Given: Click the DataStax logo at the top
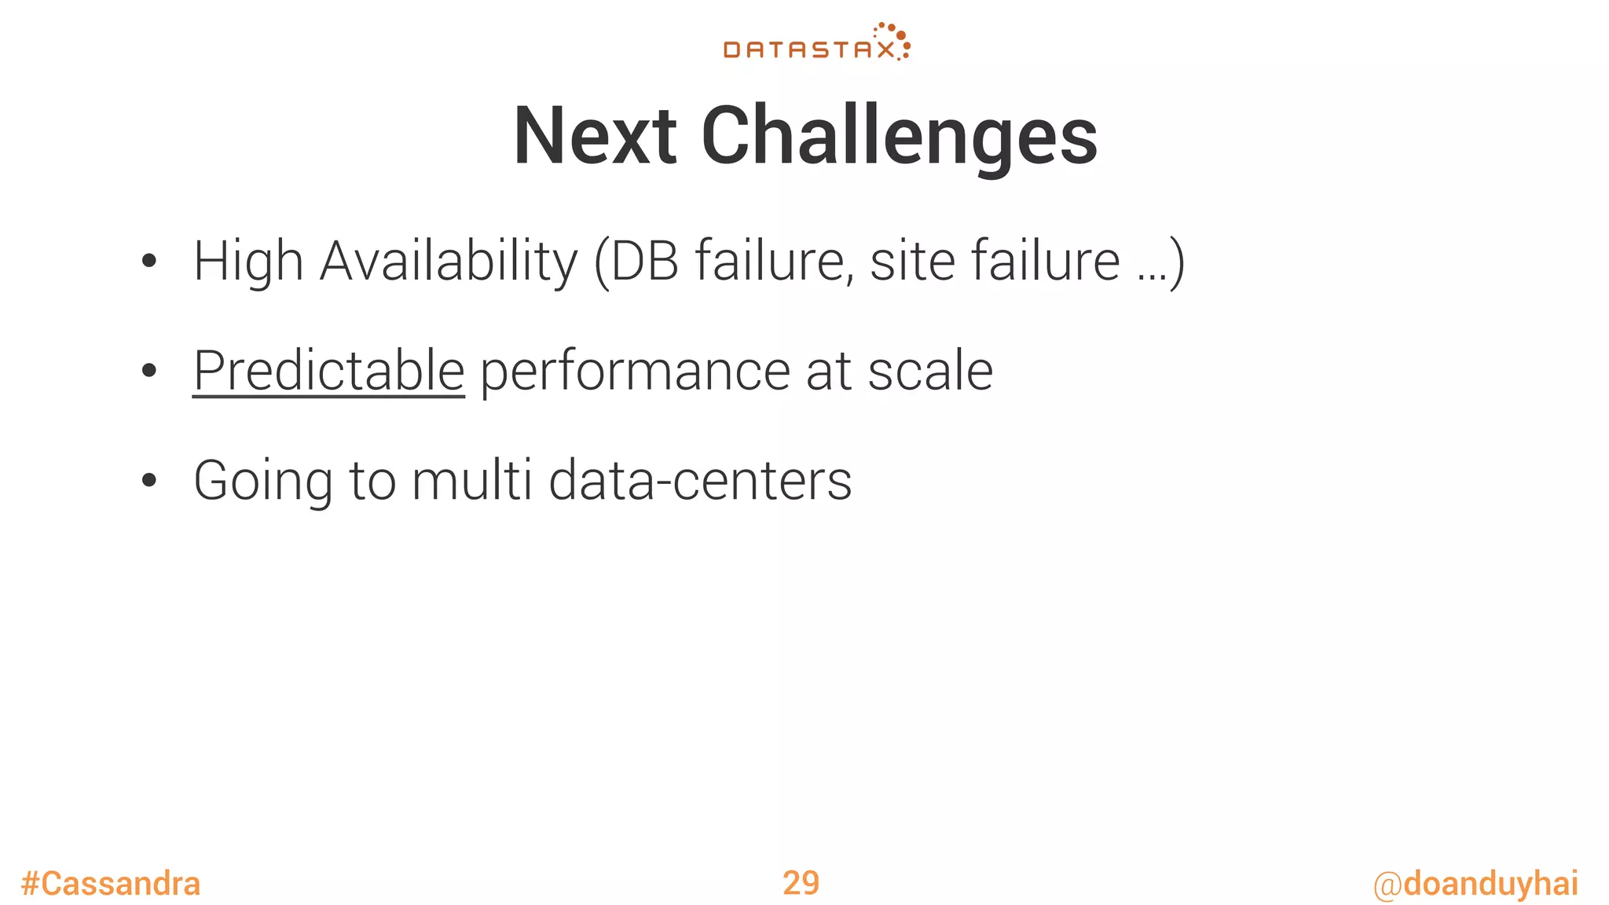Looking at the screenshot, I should [x=816, y=42].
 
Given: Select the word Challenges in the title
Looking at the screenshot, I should [x=899, y=137].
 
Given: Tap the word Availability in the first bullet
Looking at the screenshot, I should [x=449, y=262].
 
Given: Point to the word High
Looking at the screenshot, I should [x=248, y=262].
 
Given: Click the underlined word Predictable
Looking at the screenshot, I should [x=328, y=371].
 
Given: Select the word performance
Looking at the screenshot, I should [x=635, y=372].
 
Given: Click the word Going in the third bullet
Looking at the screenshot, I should [x=263, y=482].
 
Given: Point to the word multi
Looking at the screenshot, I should [x=472, y=480].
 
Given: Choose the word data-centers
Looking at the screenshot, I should [x=700, y=480].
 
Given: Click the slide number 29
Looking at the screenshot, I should [x=801, y=883].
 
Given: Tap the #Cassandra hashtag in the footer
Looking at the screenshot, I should [x=111, y=884].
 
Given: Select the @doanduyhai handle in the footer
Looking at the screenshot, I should [x=1475, y=884].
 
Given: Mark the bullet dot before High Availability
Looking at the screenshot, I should [x=149, y=262].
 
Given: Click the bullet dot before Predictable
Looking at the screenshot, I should [x=149, y=371].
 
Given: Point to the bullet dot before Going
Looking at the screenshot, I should [x=149, y=480].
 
